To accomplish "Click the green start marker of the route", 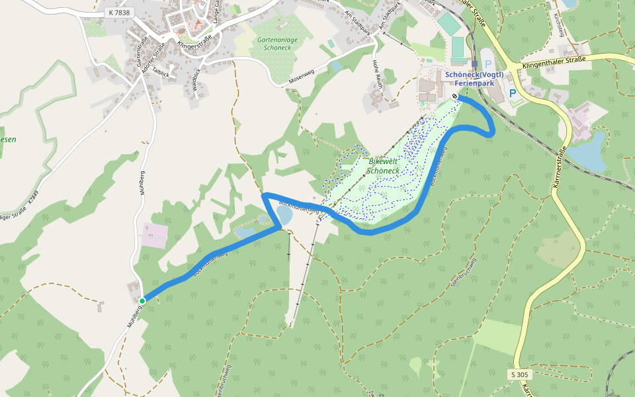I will coord(142,300).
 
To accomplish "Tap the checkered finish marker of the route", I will coord(455,97).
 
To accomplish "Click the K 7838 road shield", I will coord(119,13).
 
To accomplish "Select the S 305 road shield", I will coord(521,375).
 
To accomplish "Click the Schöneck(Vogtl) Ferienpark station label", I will coord(474,79).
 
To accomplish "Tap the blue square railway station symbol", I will coord(474,64).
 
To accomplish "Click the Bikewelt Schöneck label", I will coord(382,166).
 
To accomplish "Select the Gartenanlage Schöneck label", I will coord(272,44).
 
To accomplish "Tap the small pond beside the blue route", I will coord(284,214).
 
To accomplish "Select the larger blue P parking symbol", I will coord(513,94).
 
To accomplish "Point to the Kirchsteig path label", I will coord(558,24).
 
